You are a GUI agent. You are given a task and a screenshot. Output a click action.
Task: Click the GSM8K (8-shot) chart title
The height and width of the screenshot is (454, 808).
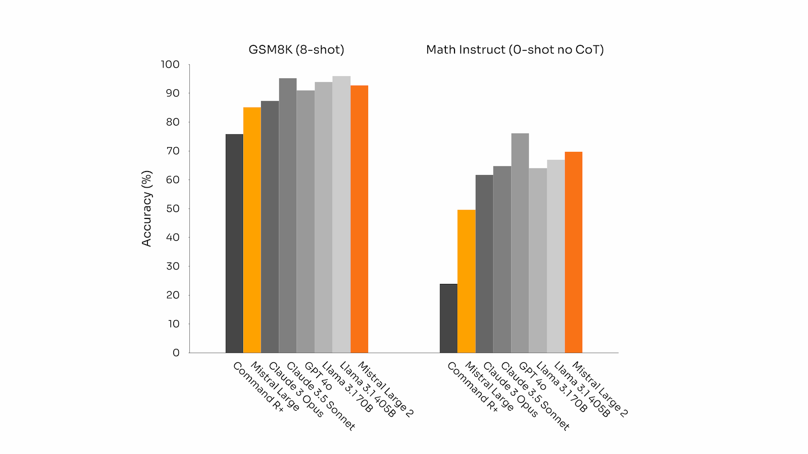(296, 49)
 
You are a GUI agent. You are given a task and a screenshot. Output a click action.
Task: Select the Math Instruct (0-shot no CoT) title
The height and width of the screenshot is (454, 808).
(515, 49)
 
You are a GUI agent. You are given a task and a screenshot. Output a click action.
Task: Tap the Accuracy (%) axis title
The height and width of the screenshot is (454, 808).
(146, 208)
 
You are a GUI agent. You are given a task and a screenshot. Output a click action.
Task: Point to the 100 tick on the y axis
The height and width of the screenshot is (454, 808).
(170, 65)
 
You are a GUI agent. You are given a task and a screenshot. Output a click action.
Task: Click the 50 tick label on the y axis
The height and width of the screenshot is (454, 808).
(172, 209)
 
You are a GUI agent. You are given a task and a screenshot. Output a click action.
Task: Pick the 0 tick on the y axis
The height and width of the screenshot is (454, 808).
(176, 353)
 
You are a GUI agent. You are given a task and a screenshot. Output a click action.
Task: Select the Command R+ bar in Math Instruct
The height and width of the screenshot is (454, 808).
(448, 318)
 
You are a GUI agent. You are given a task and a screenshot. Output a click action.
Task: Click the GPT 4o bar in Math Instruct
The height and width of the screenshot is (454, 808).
(520, 243)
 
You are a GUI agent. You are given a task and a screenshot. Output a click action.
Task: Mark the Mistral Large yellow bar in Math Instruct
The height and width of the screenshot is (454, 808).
(466, 281)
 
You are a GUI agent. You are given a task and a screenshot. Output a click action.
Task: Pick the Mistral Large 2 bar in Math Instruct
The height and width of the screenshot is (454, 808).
(573, 252)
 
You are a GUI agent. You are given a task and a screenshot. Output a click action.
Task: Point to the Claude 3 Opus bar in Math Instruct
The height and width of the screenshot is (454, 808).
(484, 264)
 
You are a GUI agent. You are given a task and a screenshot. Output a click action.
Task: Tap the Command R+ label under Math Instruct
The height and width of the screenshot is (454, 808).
(472, 387)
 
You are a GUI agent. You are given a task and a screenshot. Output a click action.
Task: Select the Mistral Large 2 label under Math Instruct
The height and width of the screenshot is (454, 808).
(599, 389)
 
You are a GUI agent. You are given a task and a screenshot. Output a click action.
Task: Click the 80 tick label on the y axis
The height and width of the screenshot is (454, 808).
(172, 122)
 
